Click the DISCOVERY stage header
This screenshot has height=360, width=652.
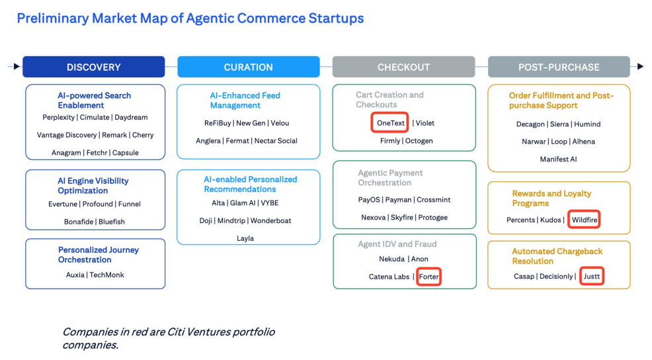coord(93,67)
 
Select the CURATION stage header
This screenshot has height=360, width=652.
coord(248,67)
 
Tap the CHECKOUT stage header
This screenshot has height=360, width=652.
coord(403,67)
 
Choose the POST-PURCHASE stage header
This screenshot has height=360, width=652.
coord(559,67)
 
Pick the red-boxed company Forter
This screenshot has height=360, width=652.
coord(428,277)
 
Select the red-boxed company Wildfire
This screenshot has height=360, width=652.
coord(583,220)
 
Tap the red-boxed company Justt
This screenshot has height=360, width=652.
coord(592,277)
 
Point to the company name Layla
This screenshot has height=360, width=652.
coord(245,238)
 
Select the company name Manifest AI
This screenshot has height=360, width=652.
coord(558,159)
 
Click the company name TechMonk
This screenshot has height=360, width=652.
coord(106,275)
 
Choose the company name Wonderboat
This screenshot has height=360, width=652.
coord(270,220)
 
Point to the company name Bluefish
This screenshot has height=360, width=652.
coord(112,222)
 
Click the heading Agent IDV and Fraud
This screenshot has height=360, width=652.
coord(397,244)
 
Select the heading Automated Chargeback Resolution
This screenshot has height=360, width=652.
coord(557,256)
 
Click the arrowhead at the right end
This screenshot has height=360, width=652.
coord(639,67)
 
